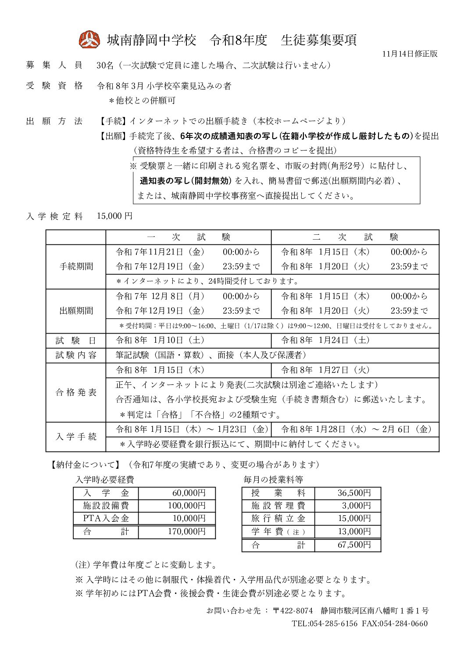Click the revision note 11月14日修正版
[410, 54]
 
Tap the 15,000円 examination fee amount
[114, 216]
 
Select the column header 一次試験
[189, 237]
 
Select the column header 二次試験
[355, 237]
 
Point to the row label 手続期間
[76, 266]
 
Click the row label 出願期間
[76, 311]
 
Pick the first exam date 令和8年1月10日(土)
[160, 340]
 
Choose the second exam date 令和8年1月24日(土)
[325, 340]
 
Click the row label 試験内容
[76, 355]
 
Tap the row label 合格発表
[76, 392]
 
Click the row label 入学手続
[76, 437]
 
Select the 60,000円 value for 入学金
[189, 493]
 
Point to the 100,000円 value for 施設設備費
[186, 506]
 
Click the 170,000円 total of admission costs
[186, 531]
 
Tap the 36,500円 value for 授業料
[354, 493]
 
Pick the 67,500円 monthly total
[354, 545]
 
